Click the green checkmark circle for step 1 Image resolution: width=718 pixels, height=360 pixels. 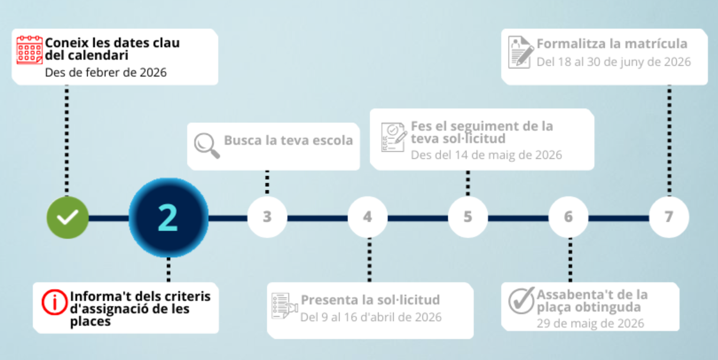tap(67, 218)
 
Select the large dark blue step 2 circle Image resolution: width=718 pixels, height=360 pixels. tap(169, 218)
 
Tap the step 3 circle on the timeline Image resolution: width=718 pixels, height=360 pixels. tap(267, 217)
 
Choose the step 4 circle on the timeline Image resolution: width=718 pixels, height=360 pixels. tap(368, 217)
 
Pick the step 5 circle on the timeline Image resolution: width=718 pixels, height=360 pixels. tap(468, 217)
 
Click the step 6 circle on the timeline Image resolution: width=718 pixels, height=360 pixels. tap(568, 217)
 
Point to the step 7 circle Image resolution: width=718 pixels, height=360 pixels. tap(669, 217)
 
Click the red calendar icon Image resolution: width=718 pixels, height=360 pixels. tap(30, 50)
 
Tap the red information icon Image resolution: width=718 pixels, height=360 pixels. tap(54, 302)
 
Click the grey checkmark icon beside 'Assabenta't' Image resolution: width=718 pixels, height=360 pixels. tap(522, 300)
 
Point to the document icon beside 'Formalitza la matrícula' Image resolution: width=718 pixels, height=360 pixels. tap(521, 52)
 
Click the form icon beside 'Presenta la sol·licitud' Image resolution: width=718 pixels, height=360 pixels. tap(284, 306)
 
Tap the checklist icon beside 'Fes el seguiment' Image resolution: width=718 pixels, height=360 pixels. tap(394, 137)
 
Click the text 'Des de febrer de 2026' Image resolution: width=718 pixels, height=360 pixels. tap(106, 72)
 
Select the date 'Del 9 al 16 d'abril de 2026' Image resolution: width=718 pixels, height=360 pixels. tap(371, 317)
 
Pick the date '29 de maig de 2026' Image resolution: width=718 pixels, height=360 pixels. tap(590, 323)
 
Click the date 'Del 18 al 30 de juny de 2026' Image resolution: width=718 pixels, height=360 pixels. tap(613, 62)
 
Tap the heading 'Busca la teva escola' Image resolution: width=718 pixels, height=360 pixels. tap(288, 140)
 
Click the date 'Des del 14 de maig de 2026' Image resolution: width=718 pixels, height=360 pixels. tap(486, 155)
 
